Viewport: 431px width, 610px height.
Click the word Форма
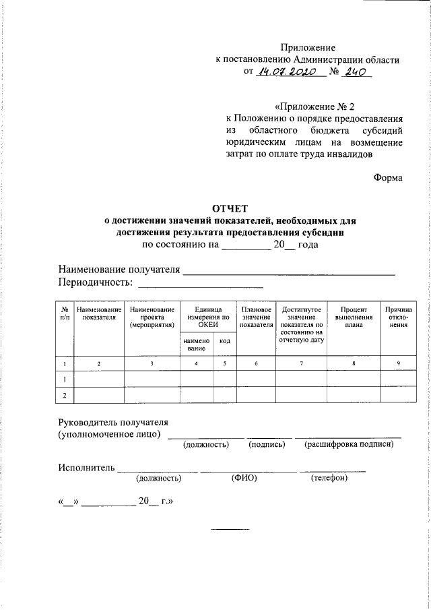coord(388,178)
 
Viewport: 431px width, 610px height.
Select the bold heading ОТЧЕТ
coord(233,208)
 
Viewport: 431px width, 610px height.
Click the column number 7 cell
coord(302,364)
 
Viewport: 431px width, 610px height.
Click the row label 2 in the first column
coord(64,395)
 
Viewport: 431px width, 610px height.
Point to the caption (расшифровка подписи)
coord(348,445)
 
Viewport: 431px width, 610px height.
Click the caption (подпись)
coord(267,445)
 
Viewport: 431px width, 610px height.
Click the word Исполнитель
coord(86,467)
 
